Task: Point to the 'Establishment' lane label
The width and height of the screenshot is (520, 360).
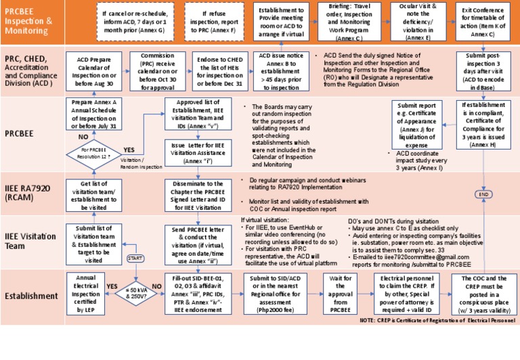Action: (x=31, y=294)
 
